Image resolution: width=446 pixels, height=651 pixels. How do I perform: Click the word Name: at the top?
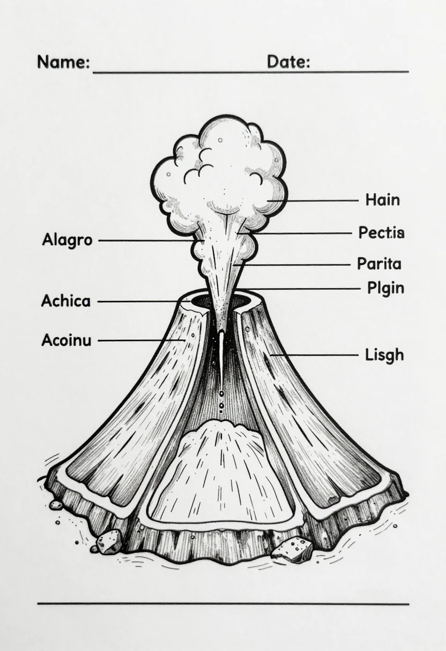[x=63, y=62]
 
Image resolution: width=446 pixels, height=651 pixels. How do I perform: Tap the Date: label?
[x=288, y=62]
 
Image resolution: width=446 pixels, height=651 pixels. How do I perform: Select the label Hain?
[x=383, y=200]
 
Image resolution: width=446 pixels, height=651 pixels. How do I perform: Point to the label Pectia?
[x=381, y=232]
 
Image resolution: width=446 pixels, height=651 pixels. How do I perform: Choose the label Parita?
[x=379, y=264]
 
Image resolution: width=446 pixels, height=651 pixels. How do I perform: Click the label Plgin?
[x=385, y=289]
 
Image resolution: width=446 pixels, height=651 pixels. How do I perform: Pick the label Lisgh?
[x=384, y=355]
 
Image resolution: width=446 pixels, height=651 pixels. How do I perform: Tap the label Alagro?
[x=67, y=240]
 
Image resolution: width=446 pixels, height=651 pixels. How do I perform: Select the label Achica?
[x=66, y=301]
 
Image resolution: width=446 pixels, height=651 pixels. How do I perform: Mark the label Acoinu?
[x=66, y=340]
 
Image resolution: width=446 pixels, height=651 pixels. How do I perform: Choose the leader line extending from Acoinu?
[x=142, y=340]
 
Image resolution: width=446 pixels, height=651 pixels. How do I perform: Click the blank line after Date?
[x=359, y=71]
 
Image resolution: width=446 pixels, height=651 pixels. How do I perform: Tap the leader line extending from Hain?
[x=313, y=201]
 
